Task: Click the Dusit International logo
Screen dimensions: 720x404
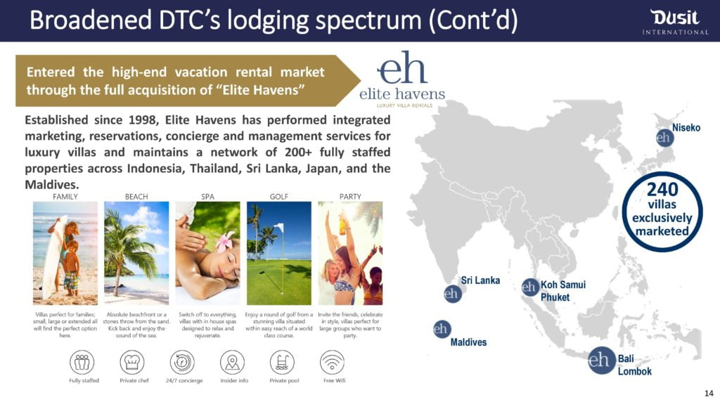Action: [675, 22]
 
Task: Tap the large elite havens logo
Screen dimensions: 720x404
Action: [402, 79]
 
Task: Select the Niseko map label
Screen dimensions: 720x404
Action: [686, 128]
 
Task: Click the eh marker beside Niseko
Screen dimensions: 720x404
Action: [664, 137]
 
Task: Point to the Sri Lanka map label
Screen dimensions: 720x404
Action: [480, 280]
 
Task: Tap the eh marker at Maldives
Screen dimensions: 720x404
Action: [442, 329]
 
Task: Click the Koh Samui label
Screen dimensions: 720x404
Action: [563, 285]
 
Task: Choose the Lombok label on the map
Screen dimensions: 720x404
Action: [635, 372]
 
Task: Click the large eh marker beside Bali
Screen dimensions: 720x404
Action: [601, 360]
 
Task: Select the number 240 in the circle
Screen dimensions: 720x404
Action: [662, 189]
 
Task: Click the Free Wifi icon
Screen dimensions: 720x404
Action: [332, 363]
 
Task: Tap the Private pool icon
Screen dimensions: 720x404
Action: [282, 363]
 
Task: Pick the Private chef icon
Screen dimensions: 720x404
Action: [131, 363]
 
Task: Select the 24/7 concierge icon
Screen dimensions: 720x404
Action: [182, 363]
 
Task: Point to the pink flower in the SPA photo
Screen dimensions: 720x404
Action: [225, 241]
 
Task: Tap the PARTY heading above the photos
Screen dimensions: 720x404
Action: [350, 197]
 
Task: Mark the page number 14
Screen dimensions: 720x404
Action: [709, 393]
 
